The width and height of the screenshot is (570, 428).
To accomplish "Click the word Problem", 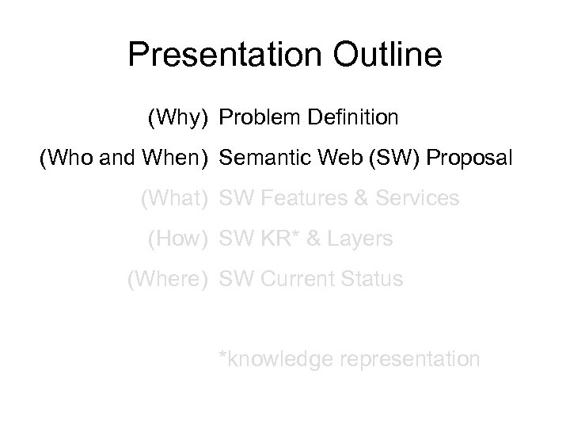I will (259, 119).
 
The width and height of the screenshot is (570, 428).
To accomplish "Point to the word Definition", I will (351, 119).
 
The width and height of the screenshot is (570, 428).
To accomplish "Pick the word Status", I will (374, 279).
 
